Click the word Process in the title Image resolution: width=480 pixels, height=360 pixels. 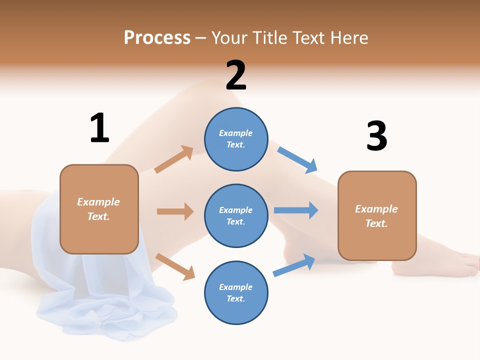coord(157,37)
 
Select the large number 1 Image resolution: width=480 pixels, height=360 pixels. coord(99,128)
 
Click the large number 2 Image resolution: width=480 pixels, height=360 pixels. coord(236,75)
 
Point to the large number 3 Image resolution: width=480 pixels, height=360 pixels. coord(376,136)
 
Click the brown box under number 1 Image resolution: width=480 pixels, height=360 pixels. coord(99,209)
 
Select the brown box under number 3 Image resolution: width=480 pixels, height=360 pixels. coord(377,215)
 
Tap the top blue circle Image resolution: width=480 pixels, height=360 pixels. coord(236,139)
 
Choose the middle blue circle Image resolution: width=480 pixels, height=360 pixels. coord(236,215)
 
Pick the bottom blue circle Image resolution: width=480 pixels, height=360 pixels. coord(236,292)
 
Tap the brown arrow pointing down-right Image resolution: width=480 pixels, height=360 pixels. coord(175,266)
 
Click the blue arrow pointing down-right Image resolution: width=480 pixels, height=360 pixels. coord(297,160)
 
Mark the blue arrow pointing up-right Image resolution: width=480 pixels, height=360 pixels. coord(294,265)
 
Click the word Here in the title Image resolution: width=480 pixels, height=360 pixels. coord(349,37)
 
